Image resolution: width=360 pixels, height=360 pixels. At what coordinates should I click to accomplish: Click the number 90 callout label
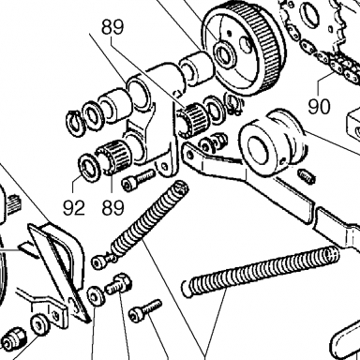tap(319, 106)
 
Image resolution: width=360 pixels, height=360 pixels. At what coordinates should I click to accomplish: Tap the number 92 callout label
tap(74, 208)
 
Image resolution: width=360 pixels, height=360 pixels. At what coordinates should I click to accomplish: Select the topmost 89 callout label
tap(112, 27)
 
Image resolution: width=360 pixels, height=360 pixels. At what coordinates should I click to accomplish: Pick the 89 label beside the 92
tap(112, 208)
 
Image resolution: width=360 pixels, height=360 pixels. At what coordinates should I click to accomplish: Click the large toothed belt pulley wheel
tap(243, 51)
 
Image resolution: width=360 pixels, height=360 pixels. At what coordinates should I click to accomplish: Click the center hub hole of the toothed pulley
tap(224, 53)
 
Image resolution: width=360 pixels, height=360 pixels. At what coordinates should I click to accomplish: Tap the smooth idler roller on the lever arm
tap(270, 141)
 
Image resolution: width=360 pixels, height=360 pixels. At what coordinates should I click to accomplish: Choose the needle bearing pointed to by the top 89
tap(193, 120)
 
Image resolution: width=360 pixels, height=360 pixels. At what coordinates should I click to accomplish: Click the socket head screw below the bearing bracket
tap(138, 179)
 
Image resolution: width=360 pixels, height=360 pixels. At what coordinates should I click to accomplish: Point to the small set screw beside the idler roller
tap(306, 176)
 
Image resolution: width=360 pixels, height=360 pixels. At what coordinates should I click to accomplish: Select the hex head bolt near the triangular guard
tap(119, 284)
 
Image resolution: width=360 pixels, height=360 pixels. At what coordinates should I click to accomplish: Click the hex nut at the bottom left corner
tap(11, 339)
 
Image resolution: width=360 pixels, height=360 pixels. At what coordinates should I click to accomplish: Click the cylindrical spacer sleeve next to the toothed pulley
tap(197, 69)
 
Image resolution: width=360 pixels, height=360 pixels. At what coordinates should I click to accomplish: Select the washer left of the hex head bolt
tap(97, 296)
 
